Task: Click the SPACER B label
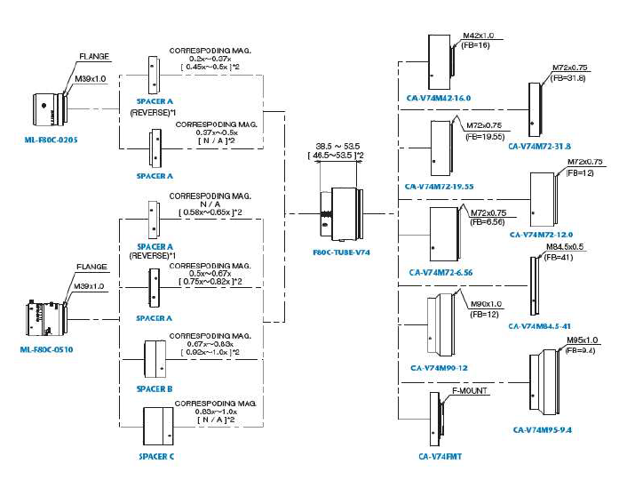(155, 389)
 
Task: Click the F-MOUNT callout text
(469, 390)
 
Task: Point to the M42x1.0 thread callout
(477, 36)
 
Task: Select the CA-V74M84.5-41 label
(541, 325)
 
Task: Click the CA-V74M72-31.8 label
(540, 146)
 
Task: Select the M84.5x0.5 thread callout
(567, 246)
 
